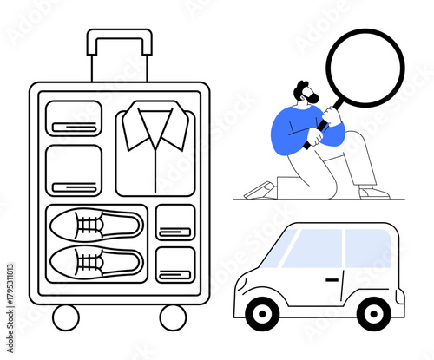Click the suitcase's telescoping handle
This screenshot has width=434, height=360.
(x=119, y=36)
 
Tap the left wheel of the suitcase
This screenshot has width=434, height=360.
(x=66, y=317)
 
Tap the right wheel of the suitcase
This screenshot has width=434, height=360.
(x=173, y=317)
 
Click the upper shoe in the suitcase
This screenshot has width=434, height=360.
(x=95, y=226)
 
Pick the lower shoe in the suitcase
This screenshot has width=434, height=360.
(x=95, y=260)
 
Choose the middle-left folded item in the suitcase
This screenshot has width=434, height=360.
(x=74, y=169)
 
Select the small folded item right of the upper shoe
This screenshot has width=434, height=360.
(x=175, y=221)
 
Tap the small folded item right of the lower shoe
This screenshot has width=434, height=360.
(x=175, y=264)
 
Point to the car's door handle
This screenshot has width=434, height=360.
(x=332, y=279)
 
